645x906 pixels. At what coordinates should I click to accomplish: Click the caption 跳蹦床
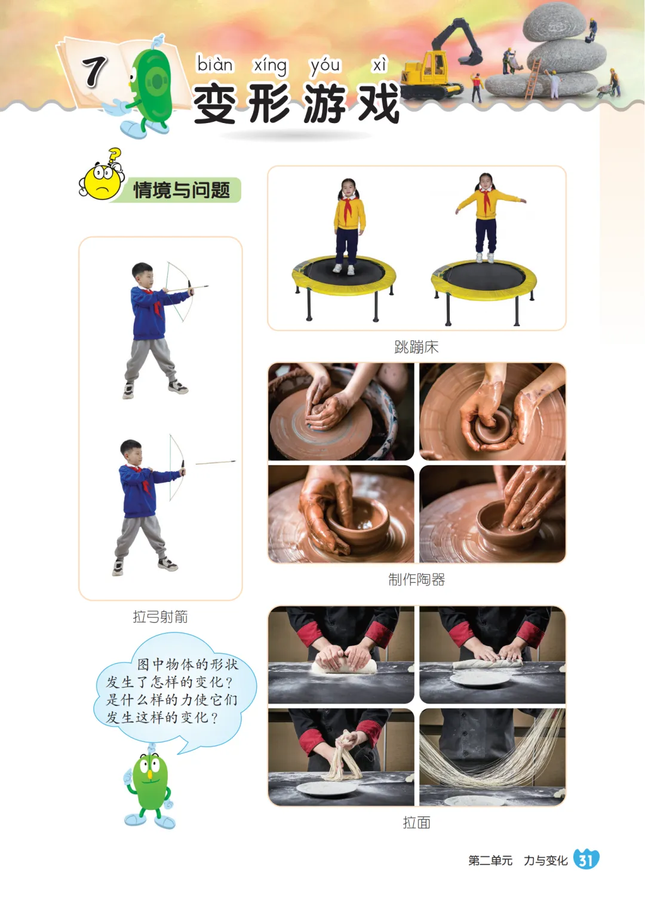[416, 347]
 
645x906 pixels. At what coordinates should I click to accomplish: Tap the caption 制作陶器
[416, 579]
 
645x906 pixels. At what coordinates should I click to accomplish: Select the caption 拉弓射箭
[161, 617]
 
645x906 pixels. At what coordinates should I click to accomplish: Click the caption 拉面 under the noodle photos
[416, 822]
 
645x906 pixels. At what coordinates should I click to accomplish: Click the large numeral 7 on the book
[94, 71]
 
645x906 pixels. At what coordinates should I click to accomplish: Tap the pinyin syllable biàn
[215, 65]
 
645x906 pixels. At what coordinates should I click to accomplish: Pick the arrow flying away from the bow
[216, 462]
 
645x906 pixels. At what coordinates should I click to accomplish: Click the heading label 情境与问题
[182, 190]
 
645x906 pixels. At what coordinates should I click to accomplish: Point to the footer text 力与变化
[545, 860]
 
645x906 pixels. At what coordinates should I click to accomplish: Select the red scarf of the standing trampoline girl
[348, 207]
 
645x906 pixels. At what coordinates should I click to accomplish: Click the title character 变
[215, 103]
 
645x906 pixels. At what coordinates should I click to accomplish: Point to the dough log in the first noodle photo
[344, 667]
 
